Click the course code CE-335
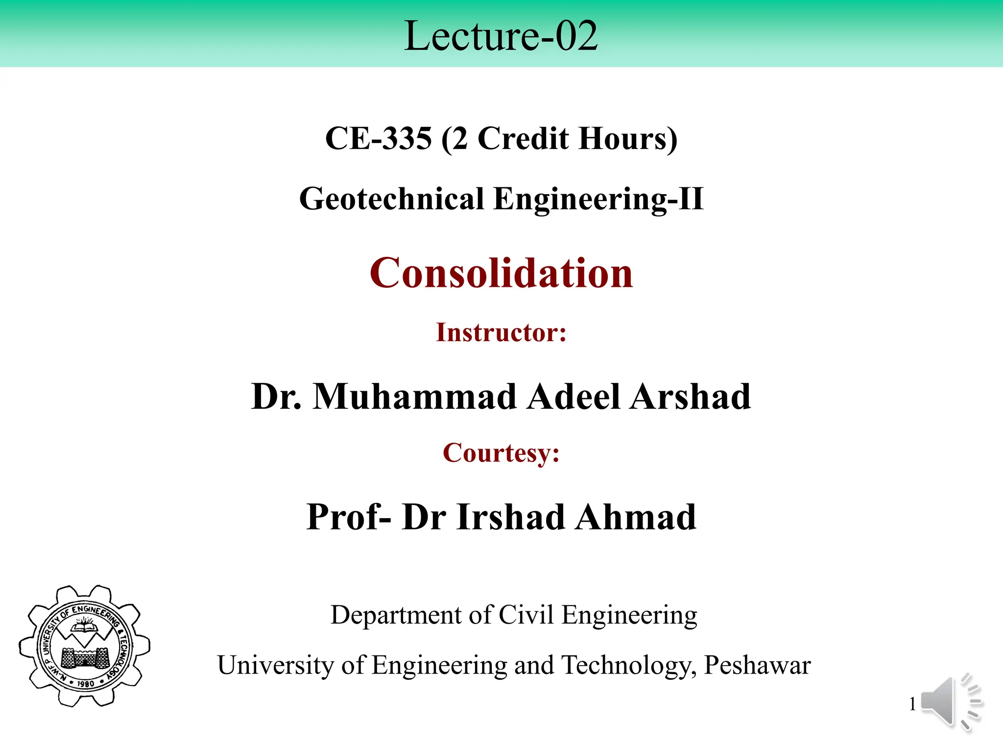pyautogui.click(x=379, y=138)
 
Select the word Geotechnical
pyautogui.click(x=391, y=199)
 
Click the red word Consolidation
pyautogui.click(x=501, y=273)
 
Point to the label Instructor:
pyautogui.click(x=501, y=332)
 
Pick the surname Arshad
pyautogui.click(x=691, y=396)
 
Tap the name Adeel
pyautogui.click(x=574, y=396)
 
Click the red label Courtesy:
pyautogui.click(x=501, y=452)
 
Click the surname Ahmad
pyautogui.click(x=636, y=517)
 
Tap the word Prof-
pyautogui.click(x=349, y=517)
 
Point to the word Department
pyautogui.click(x=396, y=615)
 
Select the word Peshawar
pyautogui.click(x=757, y=665)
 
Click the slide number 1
pyautogui.click(x=912, y=704)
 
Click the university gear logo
pyautogui.click(x=85, y=646)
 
